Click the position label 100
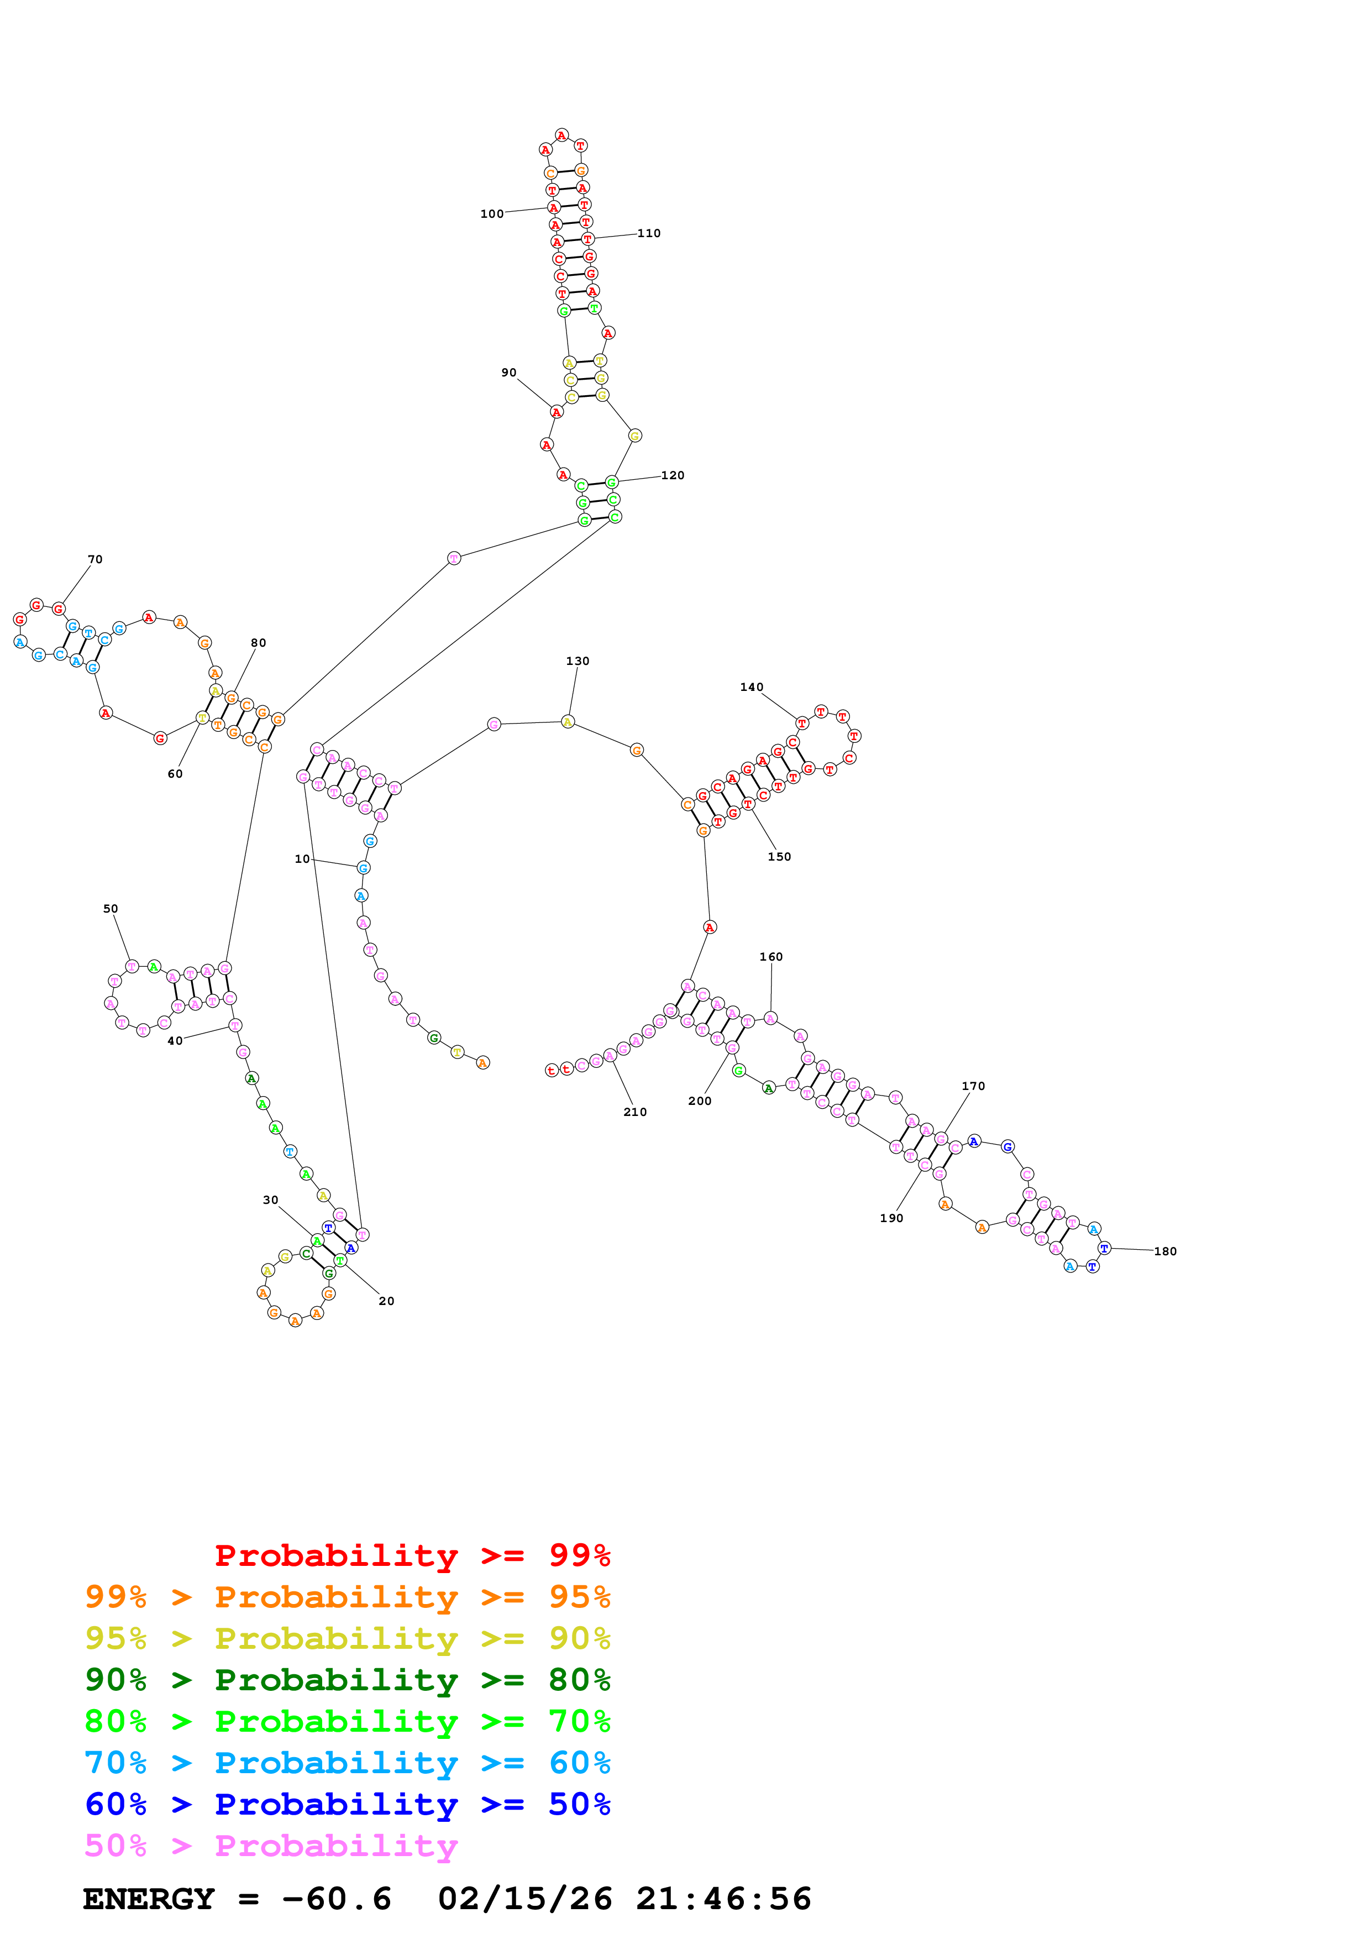pyautogui.click(x=491, y=214)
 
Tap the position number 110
pyautogui.click(x=648, y=233)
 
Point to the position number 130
pyautogui.click(x=578, y=661)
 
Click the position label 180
pyautogui.click(x=1165, y=1251)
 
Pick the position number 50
pyautogui.click(x=111, y=909)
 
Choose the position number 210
pyautogui.click(x=635, y=1112)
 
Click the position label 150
pyautogui.click(x=779, y=856)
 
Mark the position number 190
pyautogui.click(x=891, y=1218)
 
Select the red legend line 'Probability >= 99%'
pyautogui.click(x=412, y=1555)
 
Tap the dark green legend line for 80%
pyautogui.click(x=347, y=1679)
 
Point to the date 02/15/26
pyautogui.click(x=524, y=1899)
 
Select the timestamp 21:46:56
pyautogui.click(x=723, y=1899)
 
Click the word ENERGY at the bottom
pyautogui.click(x=149, y=1899)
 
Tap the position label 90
pyautogui.click(x=509, y=373)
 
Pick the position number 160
pyautogui.click(x=771, y=957)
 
